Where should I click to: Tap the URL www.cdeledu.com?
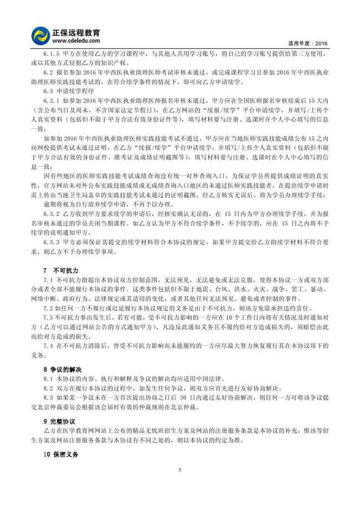(x=75, y=40)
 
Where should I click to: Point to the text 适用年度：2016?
(x=308, y=43)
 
